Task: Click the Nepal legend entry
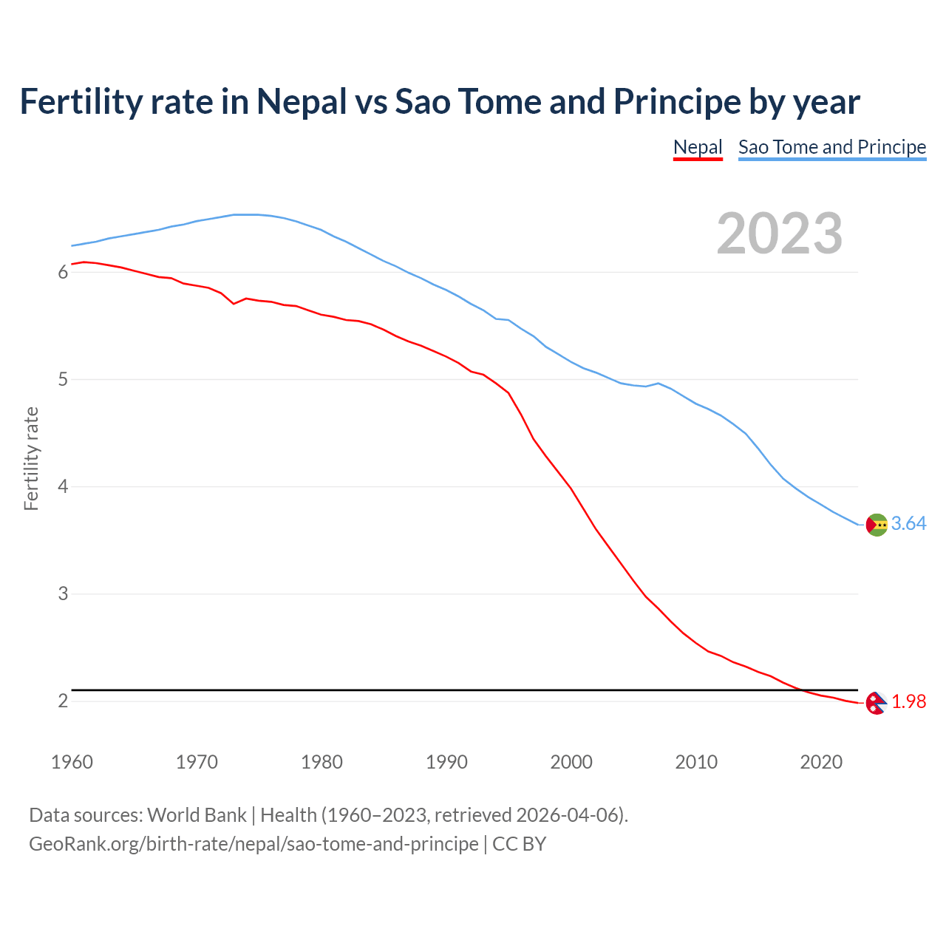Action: point(698,147)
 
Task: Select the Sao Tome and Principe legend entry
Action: point(832,147)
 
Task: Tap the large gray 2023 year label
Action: point(780,234)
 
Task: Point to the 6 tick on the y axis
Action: point(63,273)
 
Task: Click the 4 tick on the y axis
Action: point(63,487)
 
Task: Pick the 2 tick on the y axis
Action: point(63,701)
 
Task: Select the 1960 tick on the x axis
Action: point(72,762)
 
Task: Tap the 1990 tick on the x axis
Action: point(446,762)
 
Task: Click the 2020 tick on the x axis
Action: point(821,762)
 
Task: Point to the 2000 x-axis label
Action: point(571,762)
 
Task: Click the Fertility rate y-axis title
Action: point(31,458)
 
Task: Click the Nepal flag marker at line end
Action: point(876,703)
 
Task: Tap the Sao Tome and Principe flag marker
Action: point(877,524)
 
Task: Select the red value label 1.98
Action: point(908,702)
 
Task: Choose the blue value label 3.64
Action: point(908,524)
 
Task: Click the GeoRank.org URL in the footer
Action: point(253,844)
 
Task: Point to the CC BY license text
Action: point(519,844)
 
